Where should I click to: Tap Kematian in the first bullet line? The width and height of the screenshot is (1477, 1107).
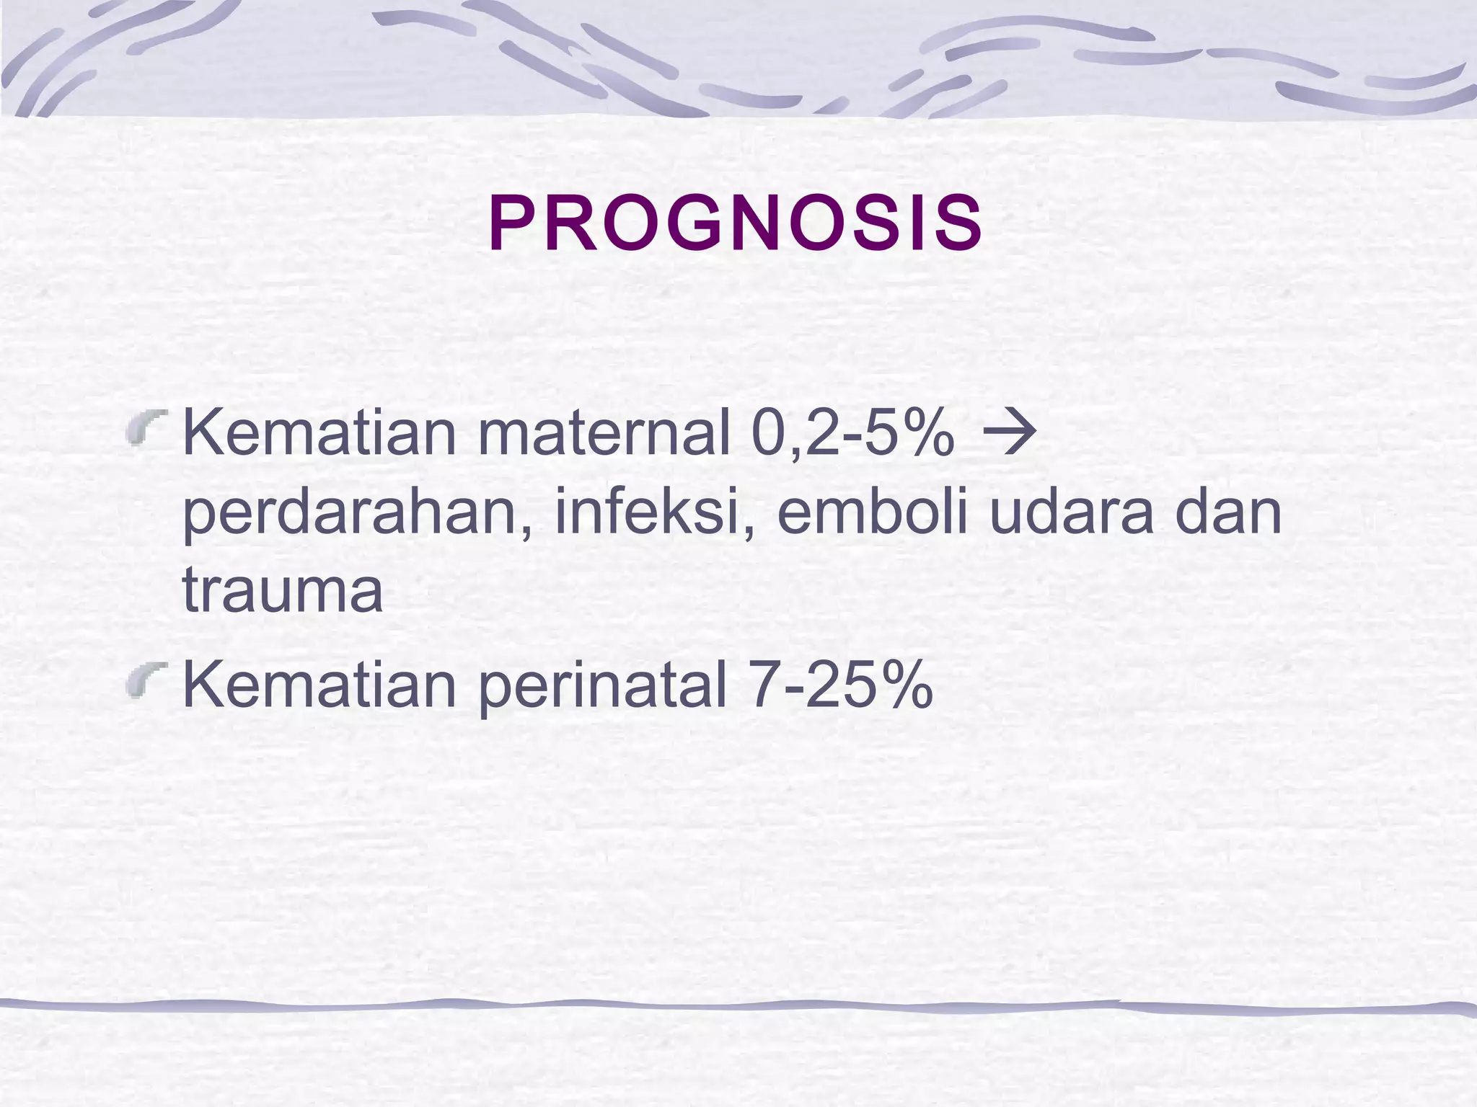click(x=320, y=434)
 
